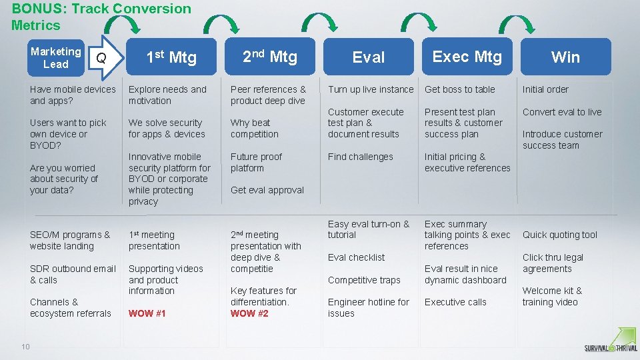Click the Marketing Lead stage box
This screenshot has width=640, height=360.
(56, 57)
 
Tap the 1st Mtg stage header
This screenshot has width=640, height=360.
(171, 57)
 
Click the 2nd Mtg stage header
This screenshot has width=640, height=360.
(269, 57)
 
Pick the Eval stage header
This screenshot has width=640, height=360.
(369, 57)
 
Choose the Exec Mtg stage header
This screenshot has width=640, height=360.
(467, 57)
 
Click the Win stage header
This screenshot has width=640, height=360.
(565, 57)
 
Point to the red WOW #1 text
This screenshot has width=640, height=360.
(147, 313)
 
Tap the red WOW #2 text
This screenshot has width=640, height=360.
(249, 313)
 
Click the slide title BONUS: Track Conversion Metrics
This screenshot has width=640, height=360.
(101, 17)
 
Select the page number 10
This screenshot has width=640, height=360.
(25, 345)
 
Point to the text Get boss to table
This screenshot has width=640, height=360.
(459, 89)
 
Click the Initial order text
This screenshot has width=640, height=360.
(545, 89)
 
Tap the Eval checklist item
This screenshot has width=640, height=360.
(356, 257)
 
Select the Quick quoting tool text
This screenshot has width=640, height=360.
(560, 235)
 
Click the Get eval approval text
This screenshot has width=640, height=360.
(267, 190)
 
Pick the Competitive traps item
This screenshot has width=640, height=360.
(364, 280)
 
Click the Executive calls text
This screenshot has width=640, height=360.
(455, 302)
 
